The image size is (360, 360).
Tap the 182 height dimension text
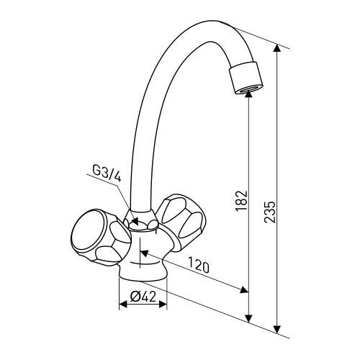click(241, 201)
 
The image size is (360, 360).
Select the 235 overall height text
click(269, 212)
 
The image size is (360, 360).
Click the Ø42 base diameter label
click(143, 297)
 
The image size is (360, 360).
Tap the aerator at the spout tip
click(246, 78)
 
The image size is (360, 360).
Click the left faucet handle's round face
click(89, 231)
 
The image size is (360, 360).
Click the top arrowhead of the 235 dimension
click(277, 48)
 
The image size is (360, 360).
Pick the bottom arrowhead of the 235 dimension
click(277, 329)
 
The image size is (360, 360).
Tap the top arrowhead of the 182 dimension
click(249, 94)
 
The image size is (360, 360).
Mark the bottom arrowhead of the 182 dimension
click(249, 319)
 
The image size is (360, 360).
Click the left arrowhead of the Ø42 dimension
click(123, 305)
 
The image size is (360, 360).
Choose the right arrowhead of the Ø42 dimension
click(163, 305)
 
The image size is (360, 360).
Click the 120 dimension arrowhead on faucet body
click(144, 253)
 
